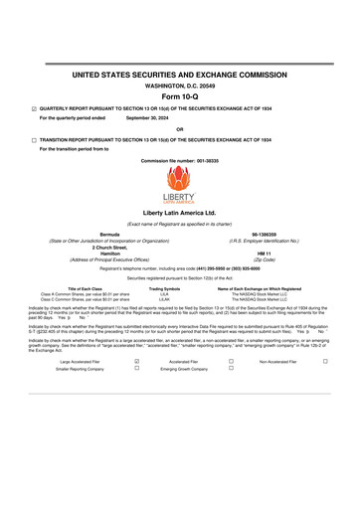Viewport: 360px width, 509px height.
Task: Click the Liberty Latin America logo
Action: coord(179,185)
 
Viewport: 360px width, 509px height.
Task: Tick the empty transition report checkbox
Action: coord(34,140)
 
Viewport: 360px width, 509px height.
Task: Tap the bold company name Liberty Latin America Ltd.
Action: coord(179,213)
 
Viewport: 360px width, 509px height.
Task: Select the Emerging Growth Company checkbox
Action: coord(231,368)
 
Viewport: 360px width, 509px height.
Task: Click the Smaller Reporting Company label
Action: coord(80,368)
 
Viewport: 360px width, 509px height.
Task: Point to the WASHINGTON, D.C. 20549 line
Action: coord(179,85)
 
